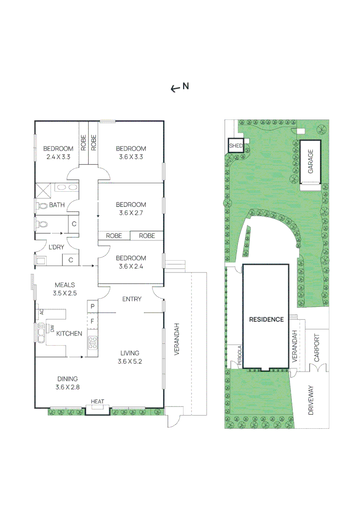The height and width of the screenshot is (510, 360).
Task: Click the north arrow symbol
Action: (x=176, y=88)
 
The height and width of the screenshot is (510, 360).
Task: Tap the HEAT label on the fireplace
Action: (x=97, y=402)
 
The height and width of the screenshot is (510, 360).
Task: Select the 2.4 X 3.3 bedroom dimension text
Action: (x=59, y=156)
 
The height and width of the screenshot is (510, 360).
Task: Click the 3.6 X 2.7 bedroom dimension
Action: (x=131, y=212)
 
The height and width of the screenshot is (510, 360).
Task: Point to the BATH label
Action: (x=57, y=205)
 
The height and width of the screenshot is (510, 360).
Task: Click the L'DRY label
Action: (x=56, y=247)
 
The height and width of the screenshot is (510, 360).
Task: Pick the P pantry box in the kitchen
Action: (x=92, y=306)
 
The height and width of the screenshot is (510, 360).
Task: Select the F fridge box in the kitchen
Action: (x=92, y=322)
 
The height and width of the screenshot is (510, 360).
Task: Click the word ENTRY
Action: (x=132, y=299)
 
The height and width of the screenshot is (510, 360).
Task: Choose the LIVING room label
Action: (x=129, y=353)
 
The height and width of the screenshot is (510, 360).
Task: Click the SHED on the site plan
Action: (x=235, y=145)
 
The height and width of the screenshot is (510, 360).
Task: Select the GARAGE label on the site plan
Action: (x=310, y=161)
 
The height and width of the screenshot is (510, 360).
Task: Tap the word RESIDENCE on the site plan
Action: (x=267, y=320)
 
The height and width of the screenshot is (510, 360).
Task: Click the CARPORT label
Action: (x=317, y=348)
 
